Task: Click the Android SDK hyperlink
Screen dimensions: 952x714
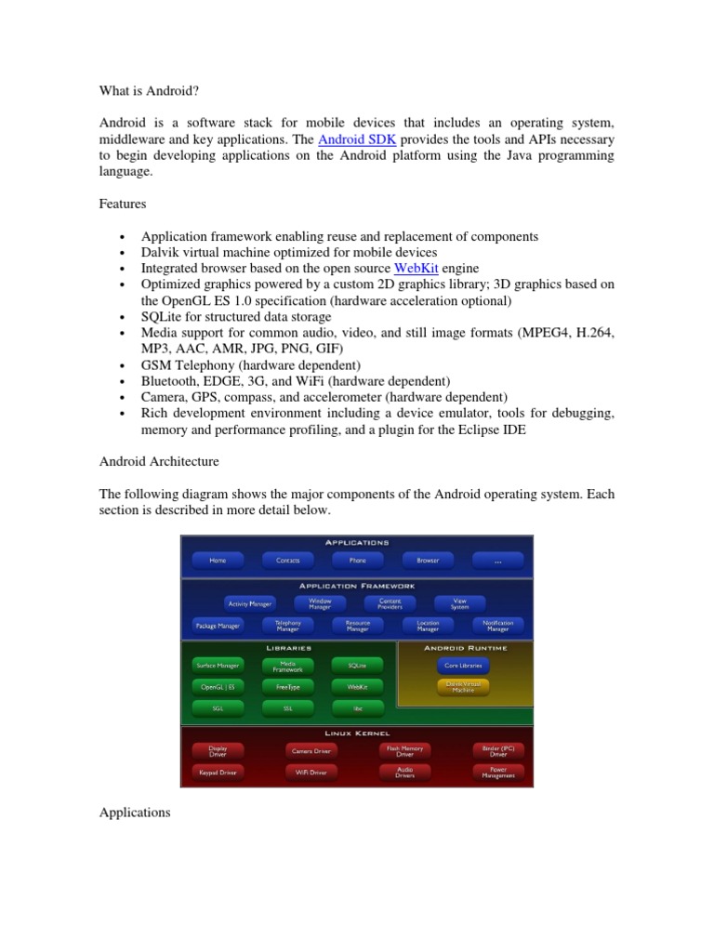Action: (351, 139)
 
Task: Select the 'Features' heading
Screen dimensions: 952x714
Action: (123, 203)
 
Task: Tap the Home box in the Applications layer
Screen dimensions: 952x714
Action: (218, 561)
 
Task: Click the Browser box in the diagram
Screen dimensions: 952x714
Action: (428, 561)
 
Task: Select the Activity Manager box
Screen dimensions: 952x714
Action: (249, 603)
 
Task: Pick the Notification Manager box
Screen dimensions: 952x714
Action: (497, 626)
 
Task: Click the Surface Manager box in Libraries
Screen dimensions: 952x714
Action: (218, 666)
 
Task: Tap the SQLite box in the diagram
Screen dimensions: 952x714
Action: (357, 666)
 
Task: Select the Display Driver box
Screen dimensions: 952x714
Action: (218, 749)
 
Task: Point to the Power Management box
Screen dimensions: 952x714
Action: (497, 772)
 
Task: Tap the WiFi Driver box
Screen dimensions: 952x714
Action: (311, 772)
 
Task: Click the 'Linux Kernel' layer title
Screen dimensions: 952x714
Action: (357, 734)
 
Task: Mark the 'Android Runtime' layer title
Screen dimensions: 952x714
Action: (465, 648)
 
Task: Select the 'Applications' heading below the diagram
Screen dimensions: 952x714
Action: (134, 813)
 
